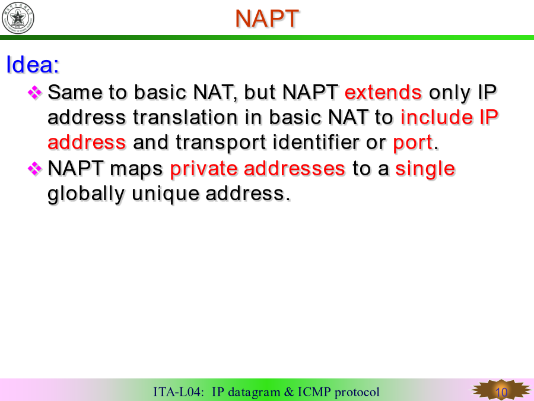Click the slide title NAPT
266,18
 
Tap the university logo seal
18,18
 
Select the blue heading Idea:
33,64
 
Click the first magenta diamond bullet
34,93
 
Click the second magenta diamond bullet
34,169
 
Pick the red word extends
383,92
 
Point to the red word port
413,143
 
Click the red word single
425,169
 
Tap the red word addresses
294,169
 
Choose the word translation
185,117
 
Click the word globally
86,194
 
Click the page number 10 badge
501,391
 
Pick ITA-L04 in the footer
178,392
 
